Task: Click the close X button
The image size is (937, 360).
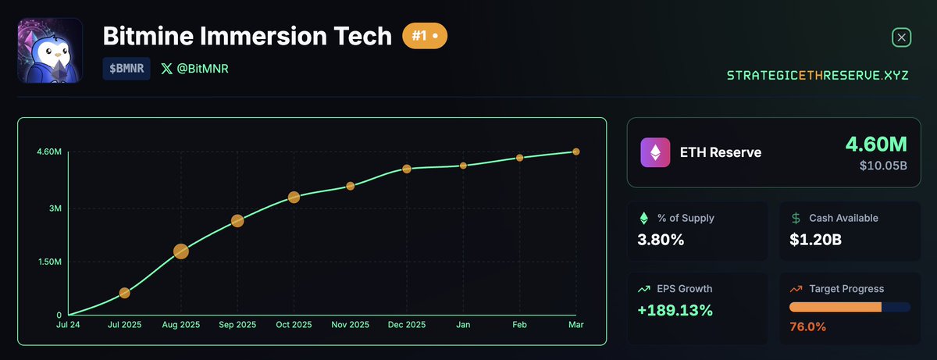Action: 901,37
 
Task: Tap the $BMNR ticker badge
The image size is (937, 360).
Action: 126,69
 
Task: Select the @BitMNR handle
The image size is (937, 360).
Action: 194,69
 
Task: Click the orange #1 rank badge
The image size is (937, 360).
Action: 424,37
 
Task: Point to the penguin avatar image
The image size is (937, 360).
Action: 50,50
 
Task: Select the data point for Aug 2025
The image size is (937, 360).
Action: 181,251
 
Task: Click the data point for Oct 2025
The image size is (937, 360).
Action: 294,198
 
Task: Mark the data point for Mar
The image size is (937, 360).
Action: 576,151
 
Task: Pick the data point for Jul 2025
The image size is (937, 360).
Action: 125,293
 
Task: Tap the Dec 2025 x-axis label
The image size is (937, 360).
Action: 407,324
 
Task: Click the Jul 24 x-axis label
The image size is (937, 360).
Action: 69,324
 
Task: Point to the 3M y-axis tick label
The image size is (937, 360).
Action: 54,209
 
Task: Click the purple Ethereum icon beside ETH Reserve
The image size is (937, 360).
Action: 655,153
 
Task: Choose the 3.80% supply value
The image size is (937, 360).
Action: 661,240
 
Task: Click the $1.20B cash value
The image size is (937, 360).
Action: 815,240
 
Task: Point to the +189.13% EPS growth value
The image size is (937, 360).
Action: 675,310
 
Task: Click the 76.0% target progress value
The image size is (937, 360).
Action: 807,326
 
